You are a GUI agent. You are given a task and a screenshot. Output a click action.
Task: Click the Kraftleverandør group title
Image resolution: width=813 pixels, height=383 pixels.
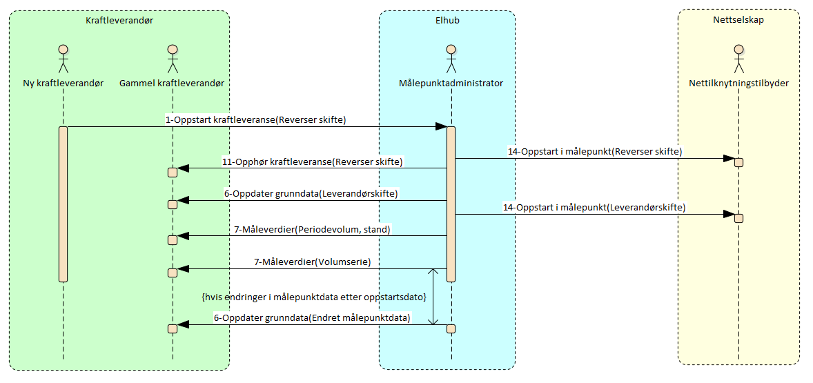pyautogui.click(x=119, y=21)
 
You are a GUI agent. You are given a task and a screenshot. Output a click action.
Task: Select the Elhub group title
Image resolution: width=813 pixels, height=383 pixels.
pyautogui.click(x=447, y=21)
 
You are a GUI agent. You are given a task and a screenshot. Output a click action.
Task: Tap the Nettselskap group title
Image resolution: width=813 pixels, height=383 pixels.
pyautogui.click(x=738, y=20)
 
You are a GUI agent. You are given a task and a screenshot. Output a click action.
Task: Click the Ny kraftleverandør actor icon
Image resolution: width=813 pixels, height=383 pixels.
pyautogui.click(x=63, y=59)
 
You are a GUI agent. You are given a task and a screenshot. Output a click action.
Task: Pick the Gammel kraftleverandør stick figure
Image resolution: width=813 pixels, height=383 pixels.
pyautogui.click(x=173, y=59)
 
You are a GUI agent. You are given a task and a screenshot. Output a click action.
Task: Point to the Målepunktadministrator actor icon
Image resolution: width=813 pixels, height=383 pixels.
pyautogui.click(x=451, y=59)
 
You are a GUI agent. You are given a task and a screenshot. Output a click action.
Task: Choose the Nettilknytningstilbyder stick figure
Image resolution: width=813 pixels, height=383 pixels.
pyautogui.click(x=738, y=59)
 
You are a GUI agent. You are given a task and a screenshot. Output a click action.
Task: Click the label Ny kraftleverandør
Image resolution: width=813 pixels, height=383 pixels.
pyautogui.click(x=63, y=83)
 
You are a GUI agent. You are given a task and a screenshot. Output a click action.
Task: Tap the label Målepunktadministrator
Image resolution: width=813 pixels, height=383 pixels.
pyautogui.click(x=451, y=83)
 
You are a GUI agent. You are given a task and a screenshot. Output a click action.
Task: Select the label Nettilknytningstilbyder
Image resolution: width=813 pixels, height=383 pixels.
pyautogui.click(x=738, y=83)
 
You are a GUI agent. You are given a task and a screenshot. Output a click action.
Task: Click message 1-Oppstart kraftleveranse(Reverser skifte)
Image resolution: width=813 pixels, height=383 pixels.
pyautogui.click(x=255, y=119)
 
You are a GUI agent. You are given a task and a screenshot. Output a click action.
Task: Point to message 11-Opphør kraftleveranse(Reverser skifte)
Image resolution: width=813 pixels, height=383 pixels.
pyautogui.click(x=312, y=161)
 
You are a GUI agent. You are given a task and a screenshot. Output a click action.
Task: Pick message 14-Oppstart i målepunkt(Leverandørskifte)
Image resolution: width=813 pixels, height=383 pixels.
pyautogui.click(x=594, y=207)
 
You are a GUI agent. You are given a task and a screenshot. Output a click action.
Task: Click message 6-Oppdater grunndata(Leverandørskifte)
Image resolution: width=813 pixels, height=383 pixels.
pyautogui.click(x=311, y=194)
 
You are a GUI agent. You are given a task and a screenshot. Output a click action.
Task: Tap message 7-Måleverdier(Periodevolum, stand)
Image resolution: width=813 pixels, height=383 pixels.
pyautogui.click(x=312, y=229)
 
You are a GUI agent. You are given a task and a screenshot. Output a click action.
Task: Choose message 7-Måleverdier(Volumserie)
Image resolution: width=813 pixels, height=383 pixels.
pyautogui.click(x=312, y=262)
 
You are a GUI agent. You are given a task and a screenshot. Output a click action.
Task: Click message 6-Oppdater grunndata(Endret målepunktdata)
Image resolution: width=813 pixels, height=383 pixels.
pyautogui.click(x=312, y=318)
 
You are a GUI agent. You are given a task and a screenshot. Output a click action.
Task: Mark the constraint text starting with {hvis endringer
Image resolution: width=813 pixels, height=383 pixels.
pyautogui.click(x=313, y=296)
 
